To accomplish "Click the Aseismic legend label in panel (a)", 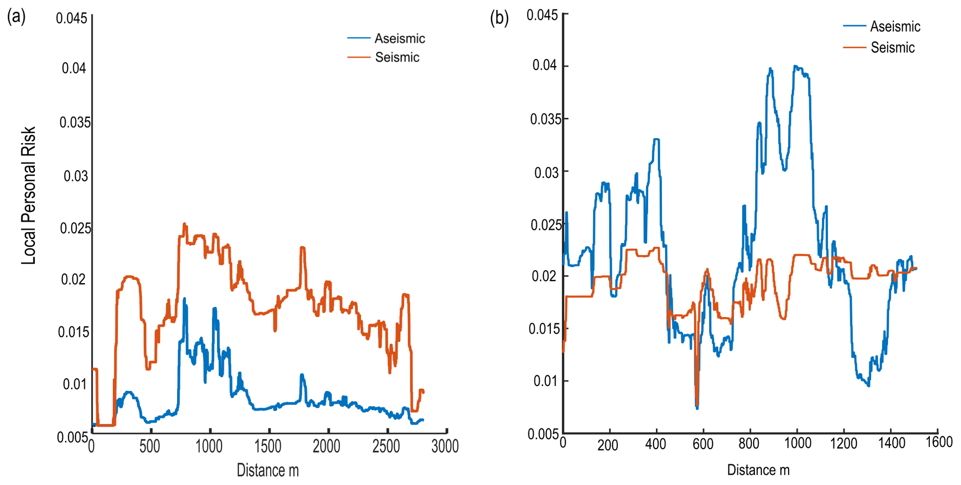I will [399, 38].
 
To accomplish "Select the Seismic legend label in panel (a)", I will [397, 57].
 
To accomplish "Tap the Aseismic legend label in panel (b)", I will [895, 27].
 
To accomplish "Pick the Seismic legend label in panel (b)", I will [892, 47].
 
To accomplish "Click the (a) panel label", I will [16, 17].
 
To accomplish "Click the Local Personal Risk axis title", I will [29, 195].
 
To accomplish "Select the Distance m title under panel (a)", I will [267, 470].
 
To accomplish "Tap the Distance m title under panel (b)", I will [758, 470].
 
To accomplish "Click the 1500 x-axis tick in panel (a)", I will [268, 446].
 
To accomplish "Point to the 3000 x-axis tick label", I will [445, 446].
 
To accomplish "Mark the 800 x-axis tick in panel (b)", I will [749, 443].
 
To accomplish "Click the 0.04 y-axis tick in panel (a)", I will [74, 68].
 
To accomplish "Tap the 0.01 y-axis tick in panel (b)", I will [545, 381].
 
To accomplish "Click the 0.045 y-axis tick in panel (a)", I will [72, 18].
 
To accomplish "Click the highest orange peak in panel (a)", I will [185, 224].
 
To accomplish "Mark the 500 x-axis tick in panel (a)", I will [150, 446].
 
